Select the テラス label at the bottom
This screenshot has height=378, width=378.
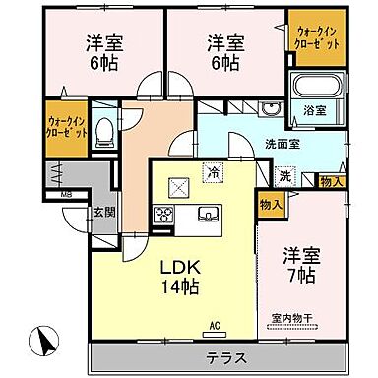pos(225,355)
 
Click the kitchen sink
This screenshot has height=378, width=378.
pos(210,216)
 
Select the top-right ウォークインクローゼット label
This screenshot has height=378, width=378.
pos(318,39)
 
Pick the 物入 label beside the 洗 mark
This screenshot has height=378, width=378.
pos(332,182)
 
